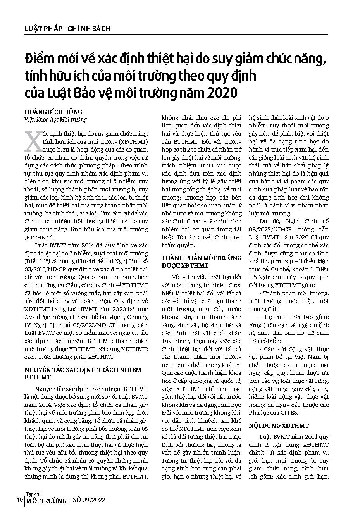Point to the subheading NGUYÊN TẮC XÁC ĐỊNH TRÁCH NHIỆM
tap(83, 370)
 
